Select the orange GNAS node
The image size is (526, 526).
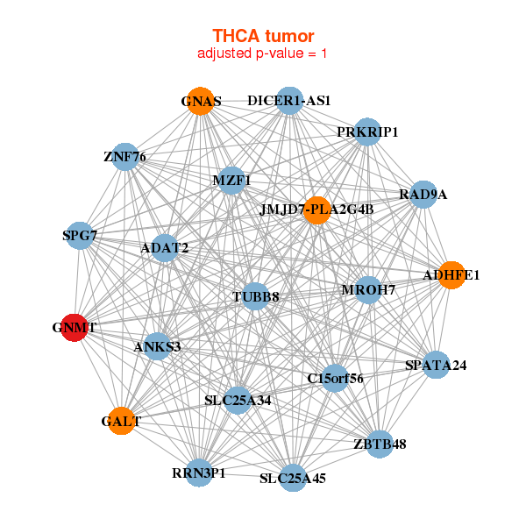[x=201, y=101]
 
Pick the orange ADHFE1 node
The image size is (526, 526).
[x=451, y=275]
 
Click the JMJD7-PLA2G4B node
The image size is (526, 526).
[x=317, y=210]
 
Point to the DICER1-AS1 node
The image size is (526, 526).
[x=288, y=101]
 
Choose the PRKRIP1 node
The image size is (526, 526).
[x=367, y=132]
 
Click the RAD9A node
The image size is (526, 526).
[x=423, y=194]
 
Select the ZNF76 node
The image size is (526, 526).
[x=124, y=158]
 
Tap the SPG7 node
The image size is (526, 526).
[x=79, y=235]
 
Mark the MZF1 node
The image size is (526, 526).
[x=231, y=181]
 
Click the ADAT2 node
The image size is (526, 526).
[x=165, y=248]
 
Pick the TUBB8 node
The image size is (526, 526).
[x=256, y=297]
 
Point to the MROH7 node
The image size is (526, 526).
[x=368, y=289]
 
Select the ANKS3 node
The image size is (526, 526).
[x=158, y=346]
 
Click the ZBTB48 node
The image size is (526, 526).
[x=380, y=444]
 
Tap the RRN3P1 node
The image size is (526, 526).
[x=199, y=473]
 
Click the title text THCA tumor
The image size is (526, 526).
[x=263, y=35]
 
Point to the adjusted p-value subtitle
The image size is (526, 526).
[x=263, y=53]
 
